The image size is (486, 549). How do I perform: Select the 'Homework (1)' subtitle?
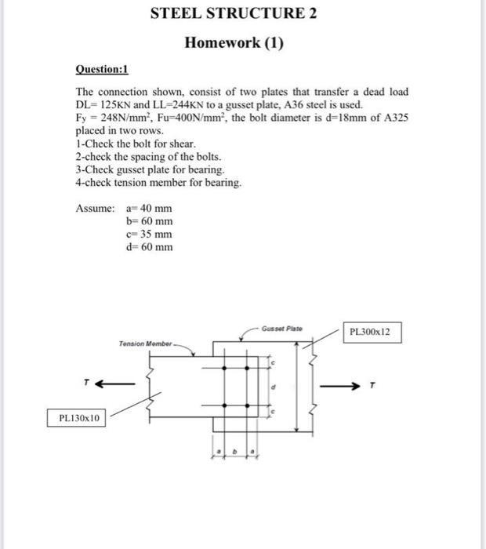(233, 42)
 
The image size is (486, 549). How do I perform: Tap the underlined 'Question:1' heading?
(101, 68)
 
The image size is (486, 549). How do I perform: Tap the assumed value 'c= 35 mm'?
(149, 235)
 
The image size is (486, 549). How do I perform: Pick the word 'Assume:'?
(96, 209)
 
